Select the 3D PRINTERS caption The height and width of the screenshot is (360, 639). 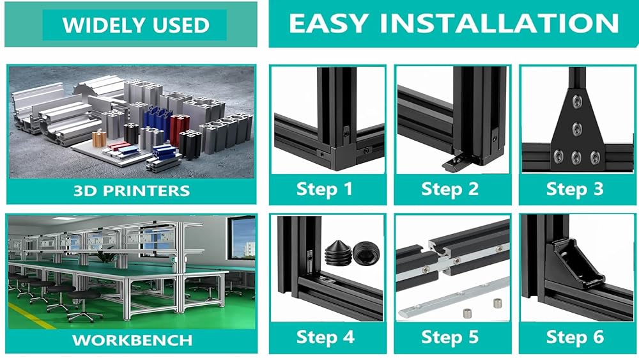[x=132, y=191]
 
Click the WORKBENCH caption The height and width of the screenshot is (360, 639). [x=132, y=340]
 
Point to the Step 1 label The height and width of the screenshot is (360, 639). [x=325, y=189]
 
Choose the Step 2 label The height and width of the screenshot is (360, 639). [x=450, y=189]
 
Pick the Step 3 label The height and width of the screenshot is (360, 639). [x=574, y=189]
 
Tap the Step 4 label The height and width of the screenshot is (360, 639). [x=325, y=337]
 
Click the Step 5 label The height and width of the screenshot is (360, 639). [x=450, y=337]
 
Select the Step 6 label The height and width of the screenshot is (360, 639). [x=574, y=337]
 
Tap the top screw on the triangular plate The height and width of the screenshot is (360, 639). [x=577, y=101]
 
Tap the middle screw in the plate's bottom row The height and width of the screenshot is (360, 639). [x=576, y=157]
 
